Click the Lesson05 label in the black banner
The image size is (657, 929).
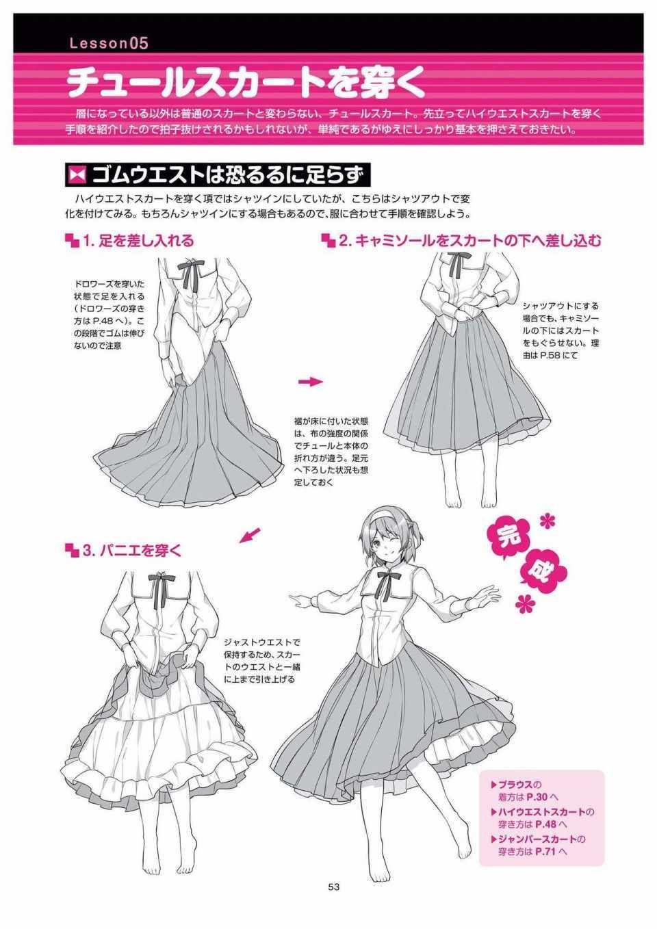(109, 43)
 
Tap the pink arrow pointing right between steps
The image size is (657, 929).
(310, 382)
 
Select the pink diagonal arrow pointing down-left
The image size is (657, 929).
(250, 535)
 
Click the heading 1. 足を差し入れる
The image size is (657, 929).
(130, 241)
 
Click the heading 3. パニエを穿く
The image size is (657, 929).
(124, 551)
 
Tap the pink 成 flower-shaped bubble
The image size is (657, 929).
(544, 575)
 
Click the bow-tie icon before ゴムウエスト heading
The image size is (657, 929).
(77, 176)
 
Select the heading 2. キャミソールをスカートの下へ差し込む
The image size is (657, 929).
(462, 241)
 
